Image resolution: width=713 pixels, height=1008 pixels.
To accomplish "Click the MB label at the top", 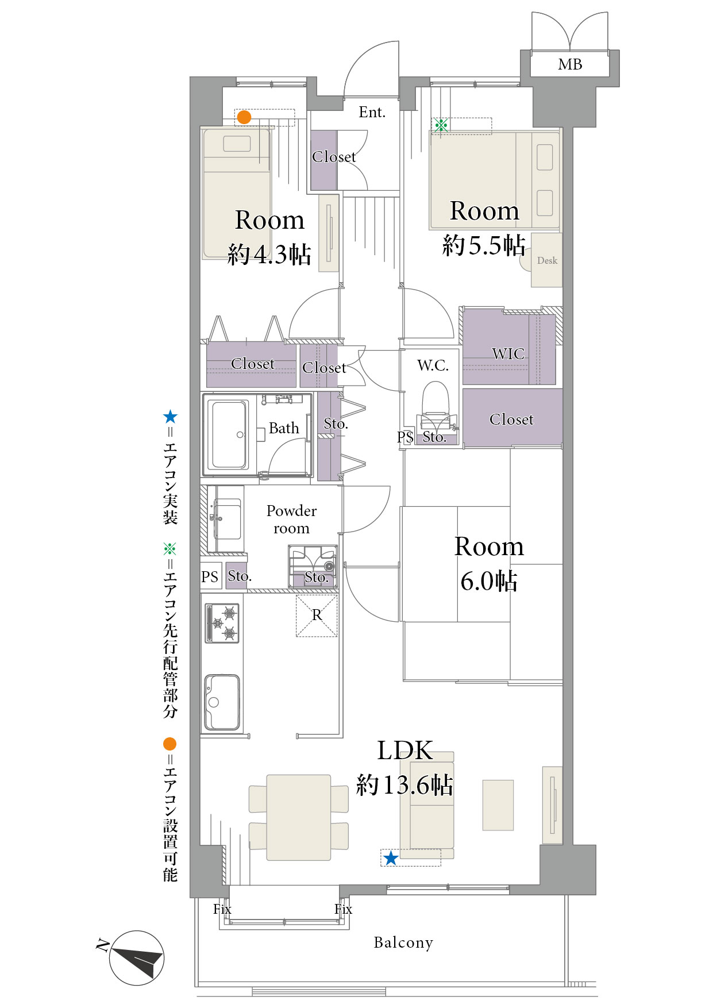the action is pyautogui.click(x=570, y=64).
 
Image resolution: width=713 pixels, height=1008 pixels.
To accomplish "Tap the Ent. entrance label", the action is pyautogui.click(x=372, y=112).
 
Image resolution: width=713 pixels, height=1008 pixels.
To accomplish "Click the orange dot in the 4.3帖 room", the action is pyautogui.click(x=244, y=117).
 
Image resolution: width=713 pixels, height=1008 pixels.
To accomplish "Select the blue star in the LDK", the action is pyautogui.click(x=391, y=858).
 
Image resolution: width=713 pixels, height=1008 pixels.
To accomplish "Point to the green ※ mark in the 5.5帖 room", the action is pyautogui.click(x=441, y=125).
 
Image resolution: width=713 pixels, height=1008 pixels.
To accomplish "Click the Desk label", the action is pyautogui.click(x=547, y=260).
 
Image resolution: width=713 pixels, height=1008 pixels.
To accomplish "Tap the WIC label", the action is pyautogui.click(x=508, y=354).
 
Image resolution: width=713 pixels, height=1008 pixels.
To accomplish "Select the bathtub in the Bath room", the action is pyautogui.click(x=230, y=434).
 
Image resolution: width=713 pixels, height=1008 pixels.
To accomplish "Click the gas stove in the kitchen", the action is pyautogui.click(x=222, y=624).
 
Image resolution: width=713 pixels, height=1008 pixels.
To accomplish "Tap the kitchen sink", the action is pyautogui.click(x=222, y=702).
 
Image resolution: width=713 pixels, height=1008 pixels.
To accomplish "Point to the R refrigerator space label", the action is pyautogui.click(x=317, y=615).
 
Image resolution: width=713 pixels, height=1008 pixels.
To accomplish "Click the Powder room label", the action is pyautogui.click(x=291, y=520).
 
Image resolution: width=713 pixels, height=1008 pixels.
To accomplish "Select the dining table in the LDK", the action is pyautogui.click(x=299, y=817).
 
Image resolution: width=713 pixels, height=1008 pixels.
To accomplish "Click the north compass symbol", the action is pyautogui.click(x=136, y=957).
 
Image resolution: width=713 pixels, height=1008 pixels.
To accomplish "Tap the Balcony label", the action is pyautogui.click(x=403, y=942).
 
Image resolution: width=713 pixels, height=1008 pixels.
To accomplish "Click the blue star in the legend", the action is pyautogui.click(x=170, y=417).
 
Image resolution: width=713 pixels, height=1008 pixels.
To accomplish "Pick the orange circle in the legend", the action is pyautogui.click(x=169, y=744).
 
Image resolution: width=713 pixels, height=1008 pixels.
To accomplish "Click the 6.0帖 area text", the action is pyautogui.click(x=489, y=581).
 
